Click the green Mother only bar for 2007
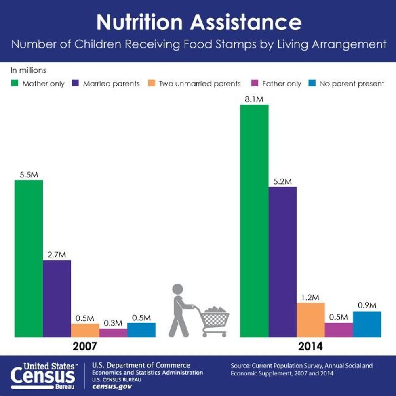pos(29,259)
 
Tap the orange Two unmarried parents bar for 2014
pos(311,320)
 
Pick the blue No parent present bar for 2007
pos(141,330)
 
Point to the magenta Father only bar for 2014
pos(339,330)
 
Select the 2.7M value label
pos(57,255)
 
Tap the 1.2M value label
pos(311,297)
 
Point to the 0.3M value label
pos(113,323)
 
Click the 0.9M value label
pos(367,305)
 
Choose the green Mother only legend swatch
pos(14,84)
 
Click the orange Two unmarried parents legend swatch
pos(151,84)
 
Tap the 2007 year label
pos(85,346)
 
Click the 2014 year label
pos(311,346)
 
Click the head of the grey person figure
pos(178,289)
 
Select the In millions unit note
pos(28,70)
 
